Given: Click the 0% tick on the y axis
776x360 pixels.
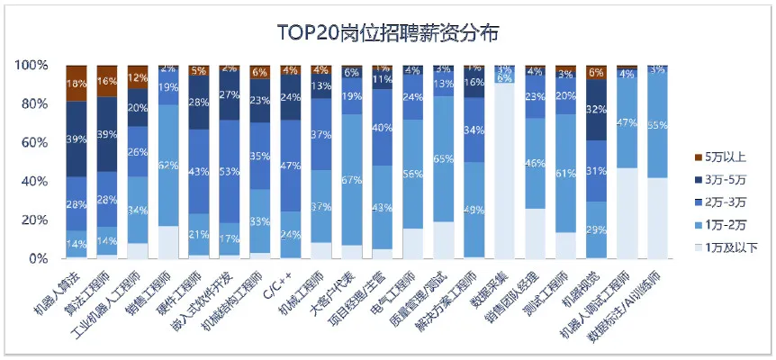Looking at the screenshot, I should (x=37, y=258).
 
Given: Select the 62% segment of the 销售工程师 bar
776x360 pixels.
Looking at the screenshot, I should (x=168, y=165).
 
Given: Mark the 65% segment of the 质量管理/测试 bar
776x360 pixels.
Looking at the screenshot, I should (x=443, y=158).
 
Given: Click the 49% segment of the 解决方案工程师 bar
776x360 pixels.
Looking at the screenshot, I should (x=474, y=211).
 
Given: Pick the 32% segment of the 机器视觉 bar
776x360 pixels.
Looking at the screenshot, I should (x=595, y=110).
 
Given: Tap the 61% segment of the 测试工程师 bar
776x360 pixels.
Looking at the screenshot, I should (x=564, y=173).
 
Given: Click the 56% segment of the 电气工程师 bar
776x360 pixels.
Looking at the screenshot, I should (x=412, y=174).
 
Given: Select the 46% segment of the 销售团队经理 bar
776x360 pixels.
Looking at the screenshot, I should (x=534, y=163).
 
